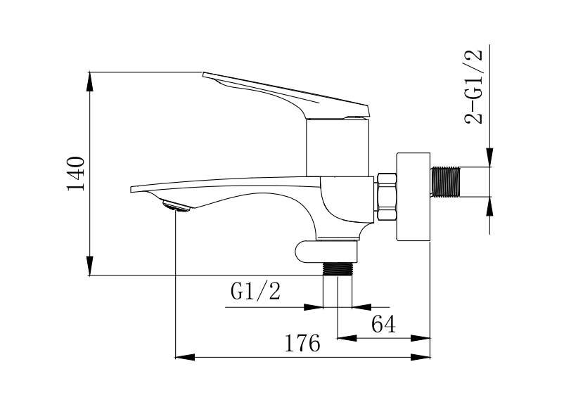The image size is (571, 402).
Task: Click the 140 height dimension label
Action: (76, 174)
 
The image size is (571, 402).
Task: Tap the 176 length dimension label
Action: (302, 343)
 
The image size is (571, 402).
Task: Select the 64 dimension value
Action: (383, 324)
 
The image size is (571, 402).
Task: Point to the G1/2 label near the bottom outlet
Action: (256, 291)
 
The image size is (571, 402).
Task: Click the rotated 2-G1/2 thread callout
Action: (473, 86)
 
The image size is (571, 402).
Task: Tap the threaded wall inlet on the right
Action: (445, 182)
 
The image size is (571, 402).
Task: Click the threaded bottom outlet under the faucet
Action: (338, 268)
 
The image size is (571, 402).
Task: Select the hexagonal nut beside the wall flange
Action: (387, 197)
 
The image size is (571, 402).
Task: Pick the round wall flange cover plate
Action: (413, 197)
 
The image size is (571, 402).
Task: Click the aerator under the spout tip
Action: (177, 206)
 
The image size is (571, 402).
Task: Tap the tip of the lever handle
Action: (203, 73)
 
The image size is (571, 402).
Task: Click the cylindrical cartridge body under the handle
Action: (338, 148)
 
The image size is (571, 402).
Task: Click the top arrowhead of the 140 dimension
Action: (89, 82)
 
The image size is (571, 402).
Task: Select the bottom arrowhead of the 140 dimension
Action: (89, 266)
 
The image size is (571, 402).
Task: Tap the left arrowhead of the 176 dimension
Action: (185, 357)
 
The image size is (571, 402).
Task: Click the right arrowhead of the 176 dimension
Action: (421, 357)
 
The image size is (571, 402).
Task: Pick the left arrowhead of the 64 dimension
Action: (347, 338)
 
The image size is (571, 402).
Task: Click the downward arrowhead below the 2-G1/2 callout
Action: (489, 157)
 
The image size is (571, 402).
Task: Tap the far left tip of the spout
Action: (131, 190)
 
